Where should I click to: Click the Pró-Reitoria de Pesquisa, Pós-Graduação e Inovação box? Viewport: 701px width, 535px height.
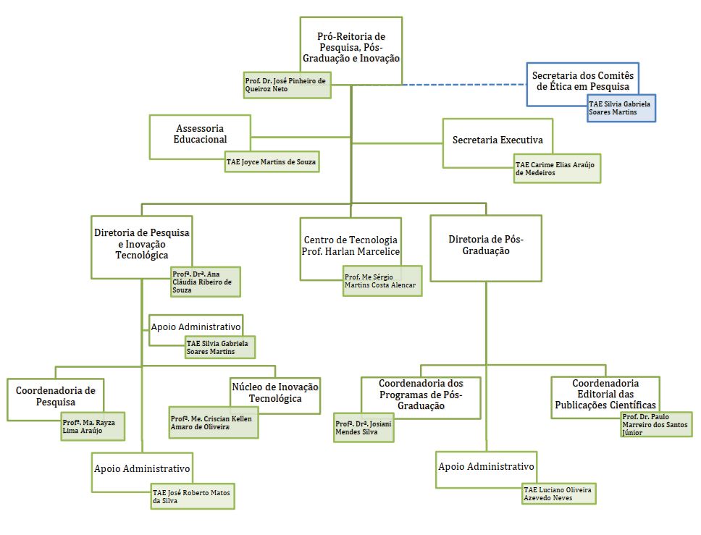click(351, 47)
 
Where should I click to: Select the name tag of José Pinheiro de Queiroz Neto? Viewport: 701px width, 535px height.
click(287, 85)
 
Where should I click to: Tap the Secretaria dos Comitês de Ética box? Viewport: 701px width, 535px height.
click(582, 81)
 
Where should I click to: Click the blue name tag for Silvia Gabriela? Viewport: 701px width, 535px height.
click(621, 108)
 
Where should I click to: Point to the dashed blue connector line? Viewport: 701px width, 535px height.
click(464, 84)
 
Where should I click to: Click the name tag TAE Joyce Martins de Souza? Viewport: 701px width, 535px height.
click(272, 161)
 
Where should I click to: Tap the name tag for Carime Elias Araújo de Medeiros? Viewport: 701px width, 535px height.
click(557, 169)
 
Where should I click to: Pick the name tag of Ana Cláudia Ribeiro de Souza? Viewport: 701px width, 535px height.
click(206, 282)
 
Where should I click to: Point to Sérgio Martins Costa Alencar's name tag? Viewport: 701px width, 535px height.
click(382, 281)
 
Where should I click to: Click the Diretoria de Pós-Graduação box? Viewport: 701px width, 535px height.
click(486, 248)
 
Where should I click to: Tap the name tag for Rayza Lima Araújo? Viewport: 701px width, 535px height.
click(93, 426)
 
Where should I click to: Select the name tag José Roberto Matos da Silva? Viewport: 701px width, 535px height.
click(193, 496)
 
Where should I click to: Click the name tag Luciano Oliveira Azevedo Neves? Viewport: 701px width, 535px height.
click(559, 494)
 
